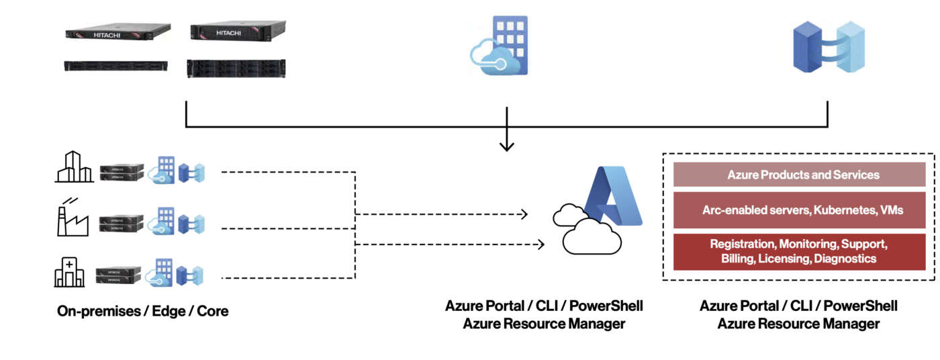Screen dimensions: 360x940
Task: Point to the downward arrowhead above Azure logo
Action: [507, 144]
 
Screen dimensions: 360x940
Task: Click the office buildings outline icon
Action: [74, 167]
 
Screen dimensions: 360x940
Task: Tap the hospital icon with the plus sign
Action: [70, 271]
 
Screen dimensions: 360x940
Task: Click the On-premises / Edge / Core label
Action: [142, 312]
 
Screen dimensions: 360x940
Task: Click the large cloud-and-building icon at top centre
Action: [500, 45]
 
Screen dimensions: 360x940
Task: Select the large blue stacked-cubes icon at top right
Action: [828, 46]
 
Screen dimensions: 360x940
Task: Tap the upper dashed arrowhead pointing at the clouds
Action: [523, 215]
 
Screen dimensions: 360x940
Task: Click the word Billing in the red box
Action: [737, 259]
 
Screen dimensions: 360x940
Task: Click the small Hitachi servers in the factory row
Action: [121, 222]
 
